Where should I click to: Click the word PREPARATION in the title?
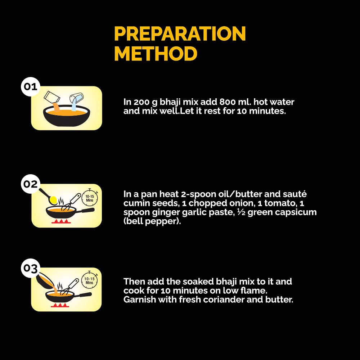pos(180,33)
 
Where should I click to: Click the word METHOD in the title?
pos(156,54)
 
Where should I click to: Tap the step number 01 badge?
pos(31,86)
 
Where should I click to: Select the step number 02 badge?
pos(31,184)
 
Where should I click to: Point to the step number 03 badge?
pos(31,268)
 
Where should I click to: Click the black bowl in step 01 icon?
pos(67,116)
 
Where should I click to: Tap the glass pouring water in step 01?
pos(76,98)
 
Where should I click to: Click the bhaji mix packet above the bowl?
pos(52,97)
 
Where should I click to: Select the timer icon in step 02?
pos(90,198)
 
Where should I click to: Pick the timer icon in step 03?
pos(89,280)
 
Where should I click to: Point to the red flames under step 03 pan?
pos(60,305)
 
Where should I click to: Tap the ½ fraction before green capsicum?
pos(241,212)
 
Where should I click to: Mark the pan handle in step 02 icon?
pos(85,211)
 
